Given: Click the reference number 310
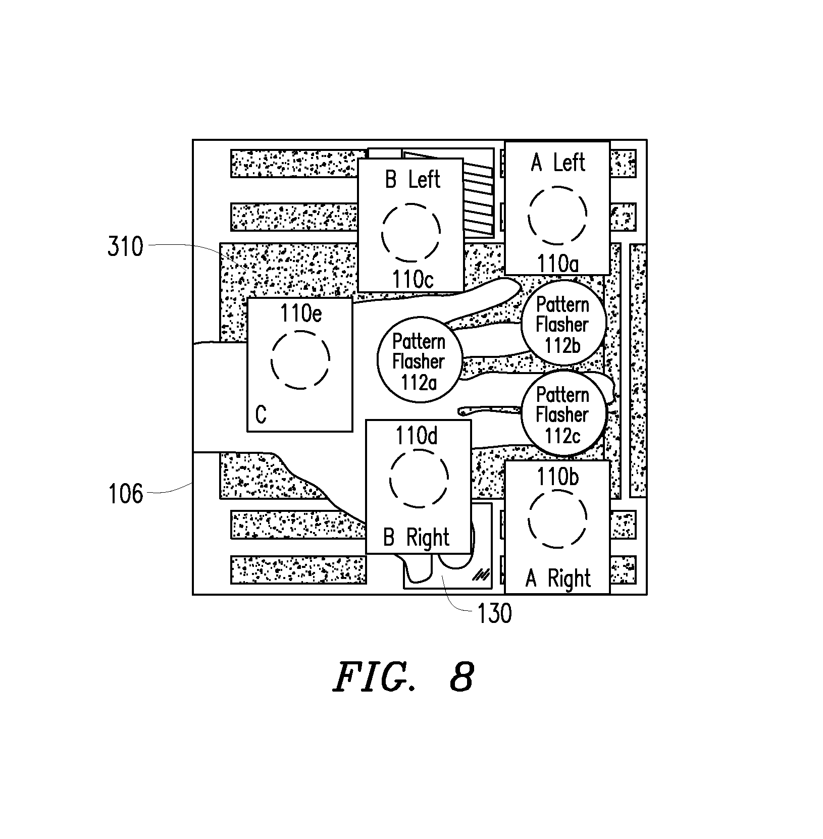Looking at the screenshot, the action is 125,247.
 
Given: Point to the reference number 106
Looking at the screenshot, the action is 126,494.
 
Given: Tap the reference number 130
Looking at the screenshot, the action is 494,614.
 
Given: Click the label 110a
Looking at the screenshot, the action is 558,264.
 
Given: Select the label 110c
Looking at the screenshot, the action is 413,279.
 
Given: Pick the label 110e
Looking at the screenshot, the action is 301,314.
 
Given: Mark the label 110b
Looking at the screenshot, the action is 557,477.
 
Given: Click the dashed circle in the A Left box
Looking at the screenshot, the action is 558,187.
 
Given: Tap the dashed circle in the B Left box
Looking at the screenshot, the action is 411,204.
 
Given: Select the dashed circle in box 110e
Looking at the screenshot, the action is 300,331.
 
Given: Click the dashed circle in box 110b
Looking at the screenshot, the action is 557,489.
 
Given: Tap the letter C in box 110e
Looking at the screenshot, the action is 261,415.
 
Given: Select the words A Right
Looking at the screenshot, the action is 558,579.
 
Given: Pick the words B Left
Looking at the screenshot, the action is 413,180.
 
